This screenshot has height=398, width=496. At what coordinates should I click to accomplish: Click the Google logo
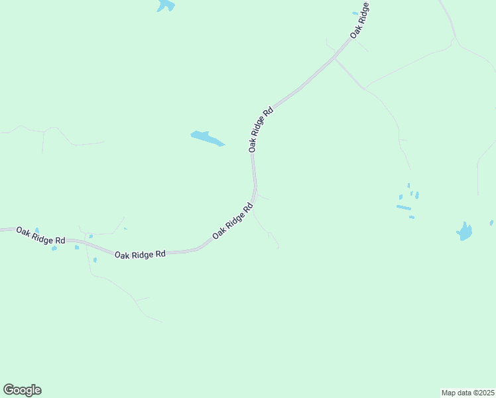[x=22, y=390]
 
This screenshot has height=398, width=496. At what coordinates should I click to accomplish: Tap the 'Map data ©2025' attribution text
[x=468, y=392]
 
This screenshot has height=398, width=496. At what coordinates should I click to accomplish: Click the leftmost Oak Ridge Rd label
[x=40, y=235]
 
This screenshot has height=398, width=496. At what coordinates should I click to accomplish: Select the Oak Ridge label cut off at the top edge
[x=360, y=20]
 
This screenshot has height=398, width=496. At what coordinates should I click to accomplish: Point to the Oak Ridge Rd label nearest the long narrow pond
[x=261, y=130]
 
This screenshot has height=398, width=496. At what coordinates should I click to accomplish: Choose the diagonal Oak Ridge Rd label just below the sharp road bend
[x=233, y=222]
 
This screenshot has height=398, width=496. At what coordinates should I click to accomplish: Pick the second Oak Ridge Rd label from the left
[x=139, y=255]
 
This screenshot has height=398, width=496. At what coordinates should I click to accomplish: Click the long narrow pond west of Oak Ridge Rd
[x=208, y=138]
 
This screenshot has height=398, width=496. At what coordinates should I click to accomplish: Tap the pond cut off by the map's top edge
[x=166, y=6]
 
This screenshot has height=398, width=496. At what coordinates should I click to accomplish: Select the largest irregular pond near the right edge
[x=465, y=232]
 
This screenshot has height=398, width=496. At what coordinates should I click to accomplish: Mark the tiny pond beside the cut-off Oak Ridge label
[x=355, y=13]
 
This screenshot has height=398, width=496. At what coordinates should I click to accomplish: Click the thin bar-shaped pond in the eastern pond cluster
[x=403, y=208]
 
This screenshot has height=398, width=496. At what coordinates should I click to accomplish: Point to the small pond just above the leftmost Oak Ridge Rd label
[x=37, y=230]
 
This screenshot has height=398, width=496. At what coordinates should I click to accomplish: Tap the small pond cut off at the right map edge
[x=491, y=223]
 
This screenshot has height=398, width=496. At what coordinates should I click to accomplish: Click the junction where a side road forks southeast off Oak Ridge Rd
[x=335, y=58]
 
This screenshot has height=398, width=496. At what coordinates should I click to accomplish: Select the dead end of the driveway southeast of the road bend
[x=279, y=248]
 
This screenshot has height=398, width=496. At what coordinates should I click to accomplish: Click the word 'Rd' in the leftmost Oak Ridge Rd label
[x=60, y=240]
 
